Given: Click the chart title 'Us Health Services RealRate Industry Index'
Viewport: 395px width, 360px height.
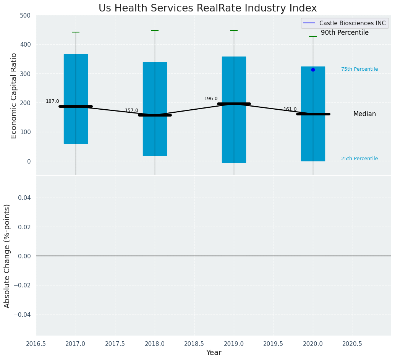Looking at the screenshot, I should tap(207, 8).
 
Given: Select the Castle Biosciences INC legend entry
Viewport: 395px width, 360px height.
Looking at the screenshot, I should tap(345, 23).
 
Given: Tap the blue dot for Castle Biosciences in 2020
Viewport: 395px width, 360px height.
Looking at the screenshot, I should tap(313, 70).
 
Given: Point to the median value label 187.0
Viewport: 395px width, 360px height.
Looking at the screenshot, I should tap(52, 101).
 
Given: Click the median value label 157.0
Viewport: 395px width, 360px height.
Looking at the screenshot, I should tap(131, 110).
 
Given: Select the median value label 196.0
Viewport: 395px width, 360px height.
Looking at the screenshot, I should tap(211, 99).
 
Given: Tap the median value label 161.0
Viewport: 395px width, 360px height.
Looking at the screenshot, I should tap(290, 109).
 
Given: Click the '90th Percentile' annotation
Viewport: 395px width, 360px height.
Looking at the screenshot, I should tap(345, 33).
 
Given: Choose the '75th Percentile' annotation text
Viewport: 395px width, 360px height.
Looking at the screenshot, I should tap(359, 69).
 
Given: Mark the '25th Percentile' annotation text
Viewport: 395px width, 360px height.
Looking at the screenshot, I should tap(359, 159).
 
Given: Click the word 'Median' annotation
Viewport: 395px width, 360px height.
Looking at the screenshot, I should tap(364, 114).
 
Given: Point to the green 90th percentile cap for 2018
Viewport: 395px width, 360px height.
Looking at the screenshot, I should tap(155, 31).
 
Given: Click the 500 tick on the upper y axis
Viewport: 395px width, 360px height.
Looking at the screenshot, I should tap(26, 16).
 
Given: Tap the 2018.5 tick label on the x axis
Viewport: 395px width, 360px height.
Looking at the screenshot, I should tap(194, 344).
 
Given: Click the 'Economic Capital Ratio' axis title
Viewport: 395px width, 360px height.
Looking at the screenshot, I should tap(14, 96).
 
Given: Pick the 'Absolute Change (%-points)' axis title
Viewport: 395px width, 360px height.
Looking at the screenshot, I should tap(7, 256).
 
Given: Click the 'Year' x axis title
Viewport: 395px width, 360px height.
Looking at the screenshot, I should tap(214, 353).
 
